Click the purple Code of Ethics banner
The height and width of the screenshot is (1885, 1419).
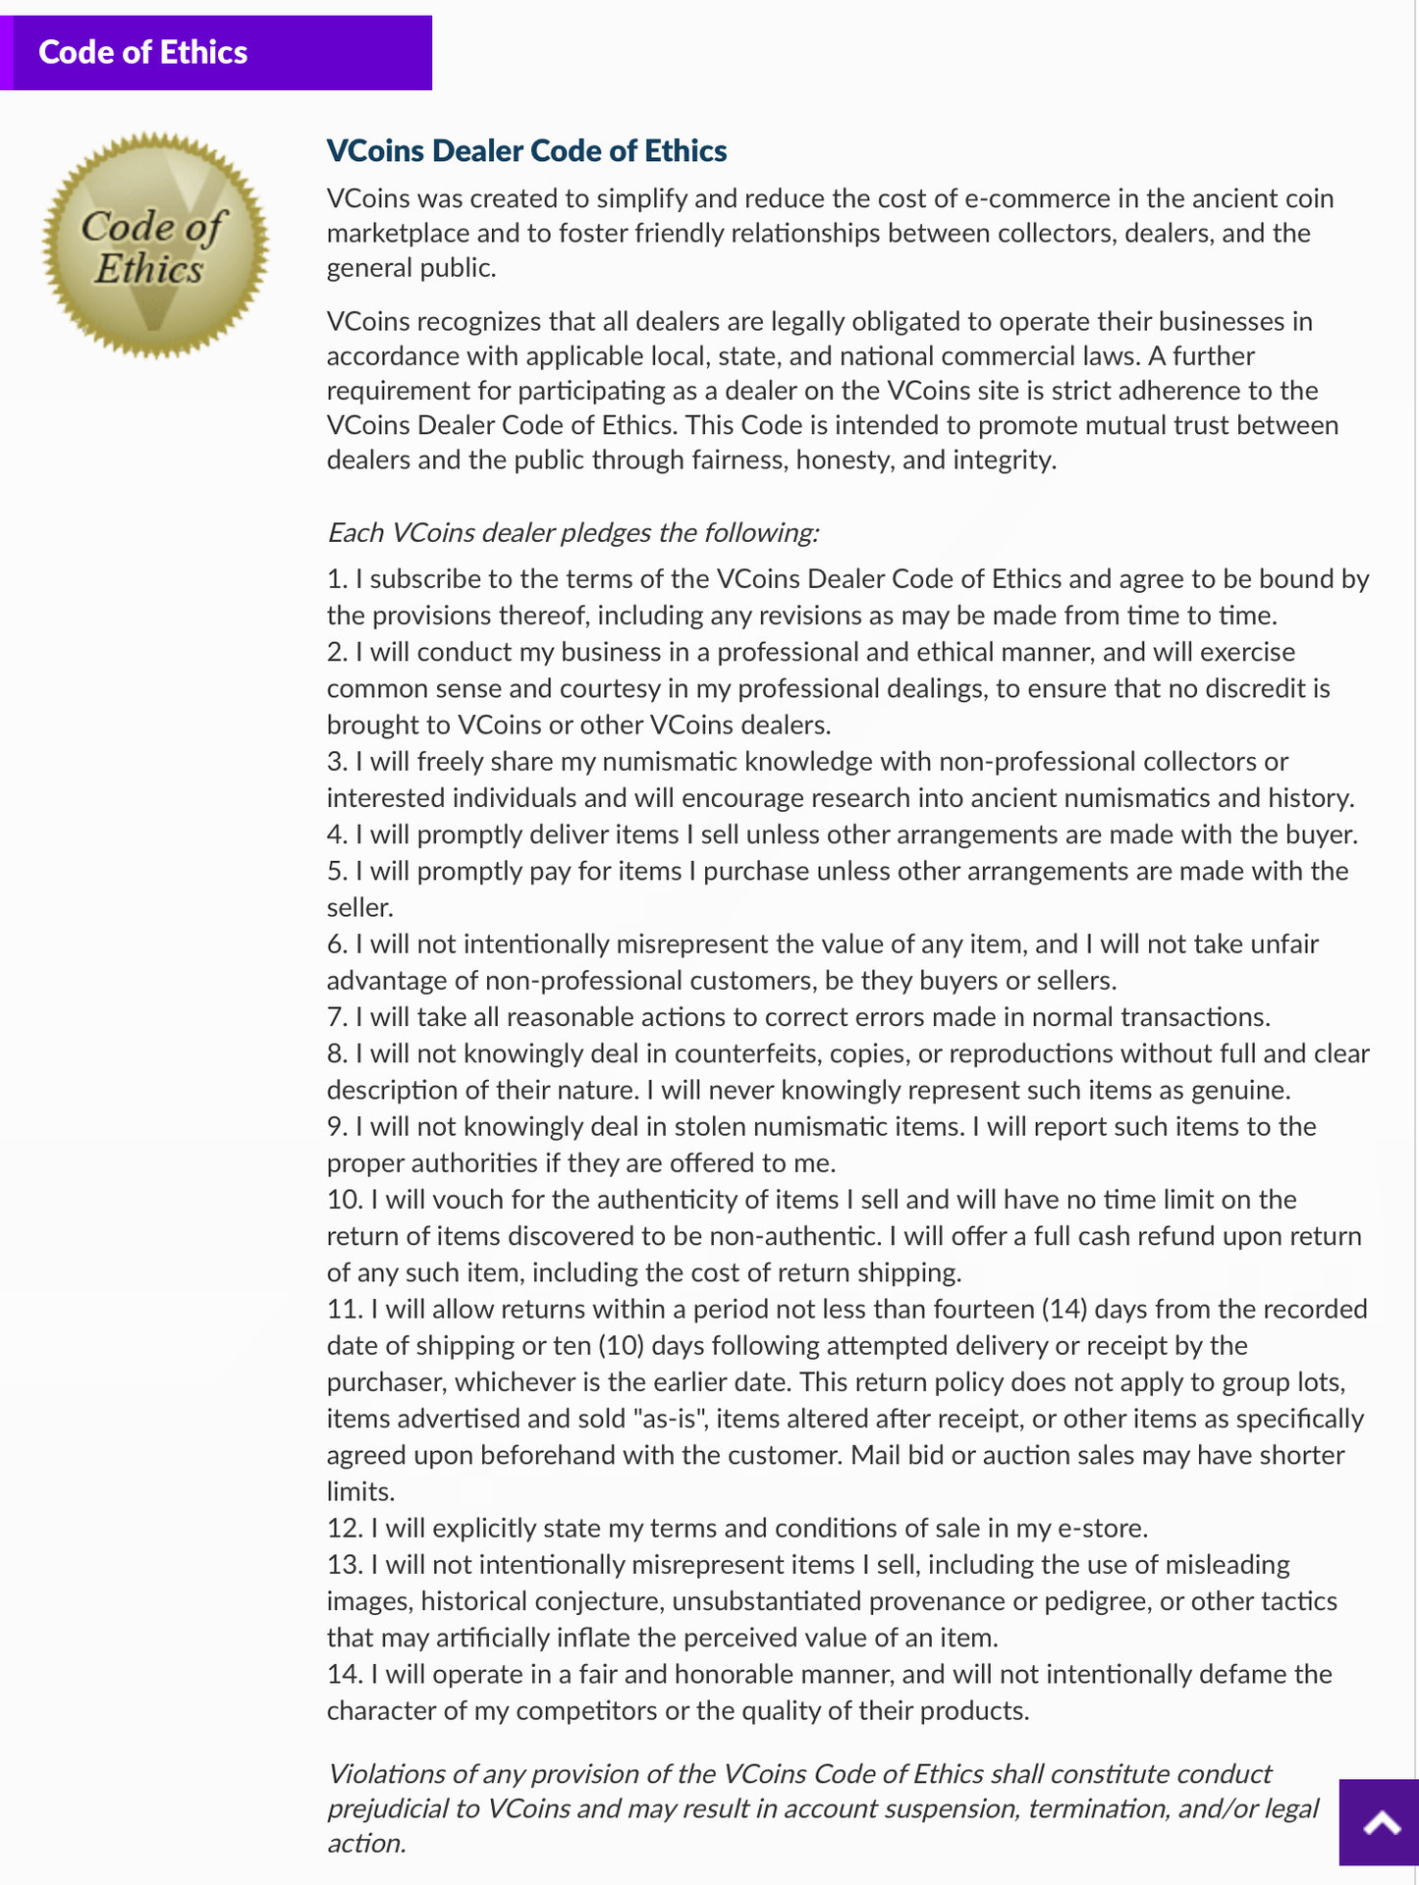(x=216, y=53)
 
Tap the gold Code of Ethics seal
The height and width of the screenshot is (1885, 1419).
(x=154, y=245)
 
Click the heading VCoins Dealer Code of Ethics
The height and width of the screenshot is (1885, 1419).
(x=526, y=150)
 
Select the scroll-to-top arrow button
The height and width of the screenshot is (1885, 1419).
(x=1380, y=1823)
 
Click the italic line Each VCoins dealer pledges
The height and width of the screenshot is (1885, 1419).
(x=573, y=533)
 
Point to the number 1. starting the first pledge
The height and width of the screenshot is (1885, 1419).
(x=337, y=579)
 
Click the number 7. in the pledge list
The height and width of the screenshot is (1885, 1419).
(x=337, y=1017)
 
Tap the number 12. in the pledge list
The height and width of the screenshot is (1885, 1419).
(x=345, y=1529)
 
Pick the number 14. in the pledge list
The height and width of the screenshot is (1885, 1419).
(x=345, y=1675)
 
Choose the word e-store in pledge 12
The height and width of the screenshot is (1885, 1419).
(x=1100, y=1529)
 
